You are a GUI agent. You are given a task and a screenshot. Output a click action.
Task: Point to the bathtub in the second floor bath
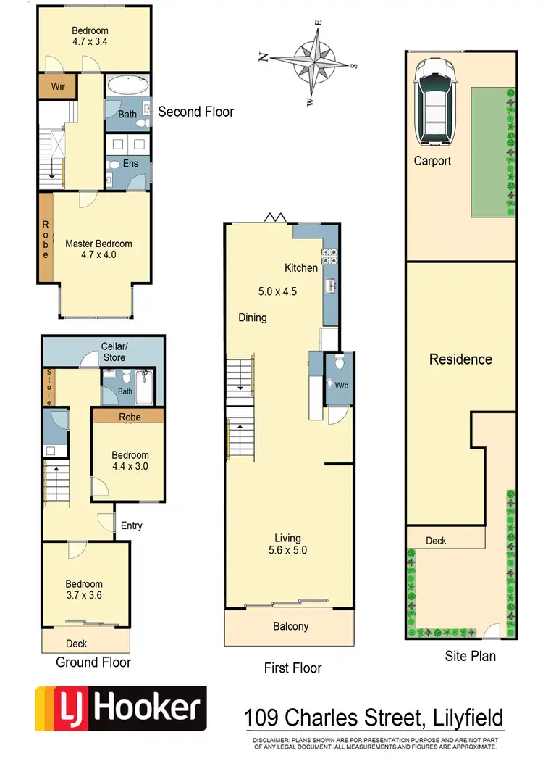pos(127,86)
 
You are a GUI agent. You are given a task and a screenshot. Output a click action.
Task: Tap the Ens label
pos(130,164)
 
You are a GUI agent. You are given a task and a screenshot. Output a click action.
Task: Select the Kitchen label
pos(301,268)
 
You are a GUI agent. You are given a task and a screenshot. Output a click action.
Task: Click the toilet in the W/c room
pos(337,365)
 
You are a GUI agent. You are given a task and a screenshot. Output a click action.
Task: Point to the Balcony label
pos(290,627)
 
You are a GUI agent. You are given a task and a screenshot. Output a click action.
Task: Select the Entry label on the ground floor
pos(132,525)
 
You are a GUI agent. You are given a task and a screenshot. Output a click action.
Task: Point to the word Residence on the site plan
pos(460,359)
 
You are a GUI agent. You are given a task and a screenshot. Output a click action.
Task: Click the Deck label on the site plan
pos(436,541)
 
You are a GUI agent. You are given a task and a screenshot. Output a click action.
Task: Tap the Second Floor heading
pos(195,112)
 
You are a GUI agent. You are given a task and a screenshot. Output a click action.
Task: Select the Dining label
pos(253,317)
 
